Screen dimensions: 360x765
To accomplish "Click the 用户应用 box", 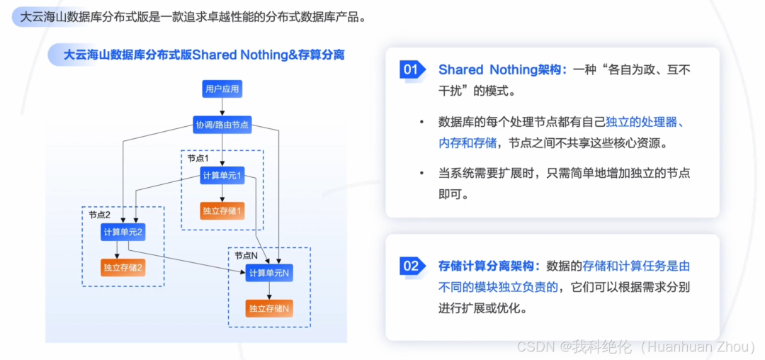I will click(222, 89).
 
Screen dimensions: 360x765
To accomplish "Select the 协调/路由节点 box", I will click(222, 125).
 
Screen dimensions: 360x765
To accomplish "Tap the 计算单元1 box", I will click(222, 175).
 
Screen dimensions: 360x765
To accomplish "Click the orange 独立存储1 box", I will click(222, 210).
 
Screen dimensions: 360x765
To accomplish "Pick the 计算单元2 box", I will click(123, 232).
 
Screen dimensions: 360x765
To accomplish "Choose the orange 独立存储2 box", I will click(123, 267).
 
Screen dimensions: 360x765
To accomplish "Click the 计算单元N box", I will click(269, 274).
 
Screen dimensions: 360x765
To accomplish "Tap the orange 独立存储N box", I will click(269, 309).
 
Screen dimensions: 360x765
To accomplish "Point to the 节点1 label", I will click(198, 158).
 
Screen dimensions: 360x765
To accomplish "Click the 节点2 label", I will click(100, 214).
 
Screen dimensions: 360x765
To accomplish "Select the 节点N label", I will click(246, 255).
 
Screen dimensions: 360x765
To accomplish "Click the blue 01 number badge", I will click(412, 69).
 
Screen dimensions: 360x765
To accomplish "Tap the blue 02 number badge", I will click(412, 266).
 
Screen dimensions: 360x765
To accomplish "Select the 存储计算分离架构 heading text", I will click(489, 266).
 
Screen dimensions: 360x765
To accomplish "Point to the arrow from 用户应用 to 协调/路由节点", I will click(222, 107).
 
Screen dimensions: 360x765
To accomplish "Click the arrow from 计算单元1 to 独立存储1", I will click(222, 193).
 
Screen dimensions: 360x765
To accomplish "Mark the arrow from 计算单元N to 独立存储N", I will click(269, 291).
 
